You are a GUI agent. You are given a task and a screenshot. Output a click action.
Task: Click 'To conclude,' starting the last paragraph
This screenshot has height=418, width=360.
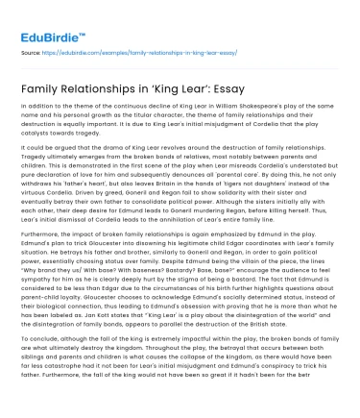(x=39, y=338)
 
